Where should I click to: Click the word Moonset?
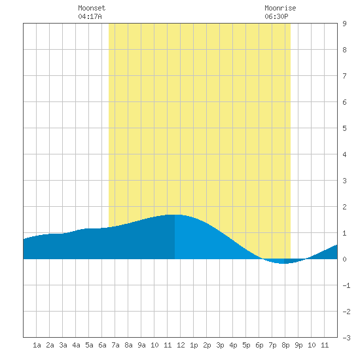tap(92, 8)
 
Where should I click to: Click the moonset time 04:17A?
tap(90, 16)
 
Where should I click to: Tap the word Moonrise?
tap(280, 8)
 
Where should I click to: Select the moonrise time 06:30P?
tap(276, 16)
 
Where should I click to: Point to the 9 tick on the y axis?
tap(344, 24)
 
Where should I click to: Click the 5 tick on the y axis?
tap(344, 128)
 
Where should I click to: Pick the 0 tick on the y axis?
tap(344, 259)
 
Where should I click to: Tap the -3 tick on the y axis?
tap(346, 338)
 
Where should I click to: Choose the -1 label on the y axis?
tap(346, 285)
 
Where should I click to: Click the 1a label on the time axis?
tap(37, 345)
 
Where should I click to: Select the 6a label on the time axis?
tap(102, 345)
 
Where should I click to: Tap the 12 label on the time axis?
tap(181, 345)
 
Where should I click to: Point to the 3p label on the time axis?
tap(220, 345)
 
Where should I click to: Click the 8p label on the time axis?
tap(285, 345)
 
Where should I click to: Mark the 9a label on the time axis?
tap(141, 345)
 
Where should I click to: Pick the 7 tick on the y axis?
tap(344, 76)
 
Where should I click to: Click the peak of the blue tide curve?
tap(175, 215)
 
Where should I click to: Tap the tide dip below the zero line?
tap(284, 264)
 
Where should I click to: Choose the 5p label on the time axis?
tap(246, 345)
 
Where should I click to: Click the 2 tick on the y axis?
tap(344, 207)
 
